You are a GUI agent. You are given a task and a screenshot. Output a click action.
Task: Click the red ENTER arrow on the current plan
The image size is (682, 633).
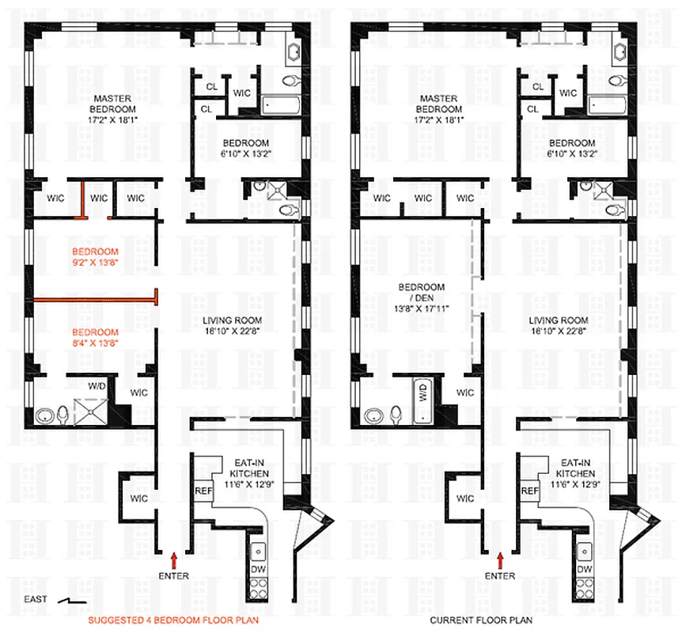click(499, 562)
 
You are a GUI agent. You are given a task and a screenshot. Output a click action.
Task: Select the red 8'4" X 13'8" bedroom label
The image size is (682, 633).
click(95, 338)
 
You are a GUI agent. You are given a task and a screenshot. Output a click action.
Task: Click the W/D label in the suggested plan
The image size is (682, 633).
click(98, 385)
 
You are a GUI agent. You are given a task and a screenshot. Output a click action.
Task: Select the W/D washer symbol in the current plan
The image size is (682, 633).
click(425, 393)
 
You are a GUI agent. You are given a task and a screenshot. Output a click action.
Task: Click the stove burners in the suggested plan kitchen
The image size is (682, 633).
click(259, 588)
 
